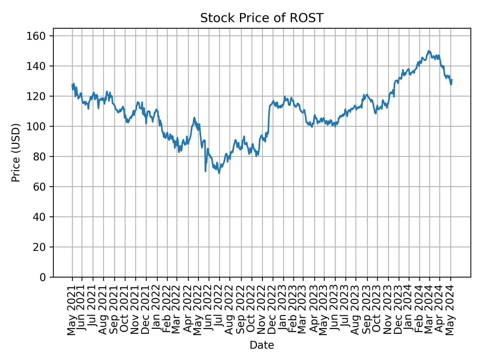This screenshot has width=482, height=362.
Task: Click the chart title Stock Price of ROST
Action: point(262,18)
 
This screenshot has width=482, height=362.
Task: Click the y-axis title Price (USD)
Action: point(16,153)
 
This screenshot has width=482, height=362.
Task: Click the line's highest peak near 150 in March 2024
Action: point(429,51)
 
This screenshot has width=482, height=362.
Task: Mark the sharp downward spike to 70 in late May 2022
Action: point(205,171)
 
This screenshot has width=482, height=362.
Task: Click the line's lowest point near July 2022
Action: point(219,173)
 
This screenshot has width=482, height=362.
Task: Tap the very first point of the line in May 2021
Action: point(72,84)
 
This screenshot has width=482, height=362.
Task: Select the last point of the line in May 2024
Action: point(452,80)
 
